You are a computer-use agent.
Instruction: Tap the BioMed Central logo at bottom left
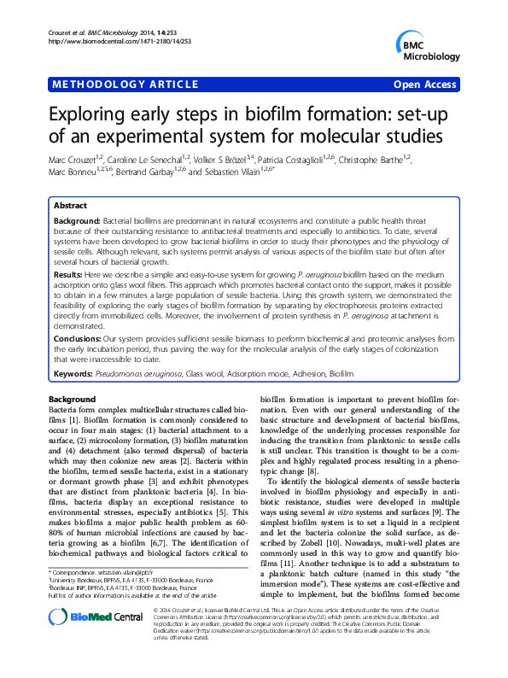84,647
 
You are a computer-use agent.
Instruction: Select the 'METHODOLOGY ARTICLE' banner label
109,85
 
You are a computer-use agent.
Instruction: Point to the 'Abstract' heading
70,207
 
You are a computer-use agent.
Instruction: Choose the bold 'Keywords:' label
74,374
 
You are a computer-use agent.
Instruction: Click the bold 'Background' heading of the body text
72,400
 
